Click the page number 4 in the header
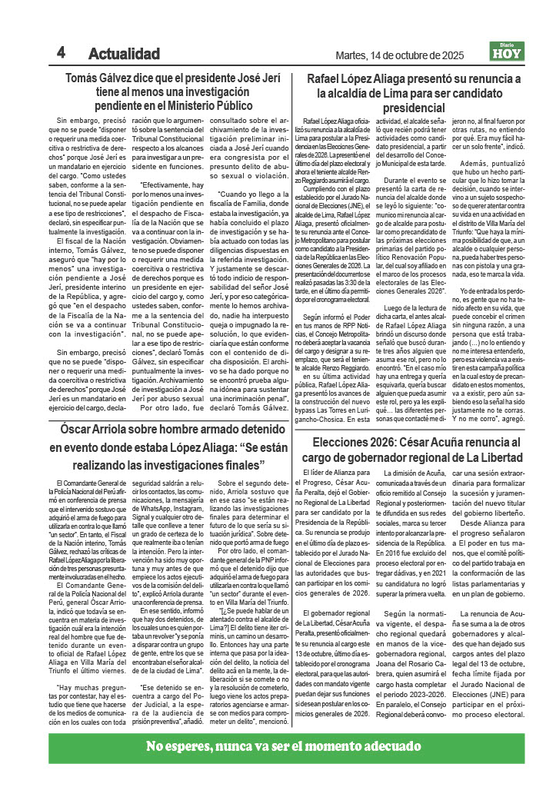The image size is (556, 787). (60, 53)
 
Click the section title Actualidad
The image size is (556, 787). (124, 55)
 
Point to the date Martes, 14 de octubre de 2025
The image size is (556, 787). (400, 55)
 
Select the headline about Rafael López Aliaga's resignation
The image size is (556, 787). (414, 93)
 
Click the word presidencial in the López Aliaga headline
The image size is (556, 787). (415, 108)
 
